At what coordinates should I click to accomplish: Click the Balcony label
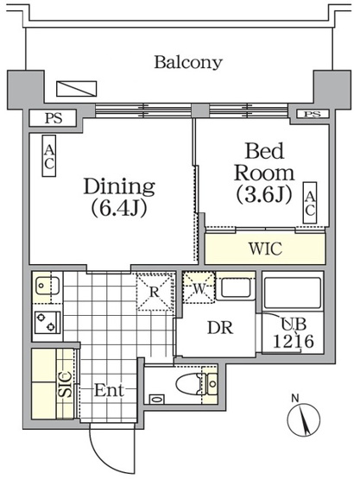pyautogui.click(x=188, y=62)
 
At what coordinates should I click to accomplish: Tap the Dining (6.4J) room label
pyautogui.click(x=119, y=197)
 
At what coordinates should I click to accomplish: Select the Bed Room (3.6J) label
pyautogui.click(x=264, y=173)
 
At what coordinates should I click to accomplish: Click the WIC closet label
pyautogui.click(x=265, y=249)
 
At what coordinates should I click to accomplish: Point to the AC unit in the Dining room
pyautogui.click(x=49, y=156)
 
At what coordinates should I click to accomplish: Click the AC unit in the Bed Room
pyautogui.click(x=310, y=203)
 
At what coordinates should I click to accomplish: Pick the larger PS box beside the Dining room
pyautogui.click(x=53, y=118)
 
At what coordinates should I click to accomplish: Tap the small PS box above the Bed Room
pyautogui.click(x=313, y=114)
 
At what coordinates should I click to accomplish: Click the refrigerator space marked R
pyautogui.click(x=155, y=292)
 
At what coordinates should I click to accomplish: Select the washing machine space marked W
pyautogui.click(x=199, y=287)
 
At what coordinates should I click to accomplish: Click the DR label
pyautogui.click(x=220, y=328)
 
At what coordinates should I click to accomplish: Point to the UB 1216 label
pyautogui.click(x=293, y=332)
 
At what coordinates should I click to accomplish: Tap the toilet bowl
pyautogui.click(x=188, y=383)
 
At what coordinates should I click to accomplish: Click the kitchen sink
pyautogui.click(x=47, y=286)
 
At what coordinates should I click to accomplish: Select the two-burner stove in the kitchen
pyautogui.click(x=47, y=322)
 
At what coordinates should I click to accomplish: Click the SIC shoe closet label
pyautogui.click(x=66, y=384)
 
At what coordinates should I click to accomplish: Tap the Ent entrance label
pyautogui.click(x=109, y=390)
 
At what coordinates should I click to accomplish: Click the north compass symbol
pyautogui.click(x=303, y=418)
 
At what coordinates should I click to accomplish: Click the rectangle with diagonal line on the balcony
pyautogui.click(x=77, y=89)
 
